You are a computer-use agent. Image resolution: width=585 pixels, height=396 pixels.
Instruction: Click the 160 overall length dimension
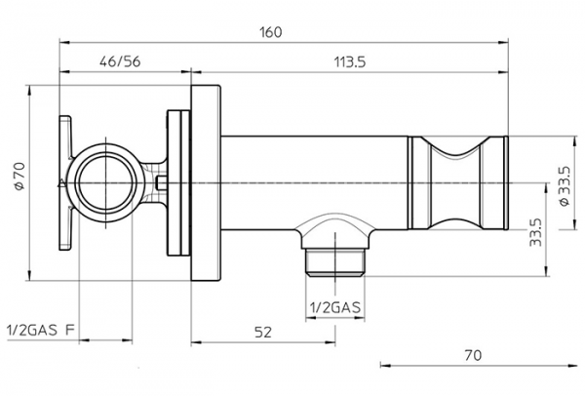tap(271, 32)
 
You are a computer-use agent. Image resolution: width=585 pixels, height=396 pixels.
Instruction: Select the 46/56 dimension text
tap(120, 61)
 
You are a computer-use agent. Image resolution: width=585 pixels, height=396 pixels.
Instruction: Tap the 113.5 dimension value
tap(350, 62)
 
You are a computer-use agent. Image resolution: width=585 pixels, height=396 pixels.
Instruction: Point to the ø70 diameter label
tap(19, 177)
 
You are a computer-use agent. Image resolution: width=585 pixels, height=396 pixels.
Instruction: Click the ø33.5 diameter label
tap(565, 185)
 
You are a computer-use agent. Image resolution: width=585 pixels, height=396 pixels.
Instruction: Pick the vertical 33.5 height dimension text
tap(535, 232)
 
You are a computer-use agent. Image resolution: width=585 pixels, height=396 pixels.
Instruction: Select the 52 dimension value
tap(263, 333)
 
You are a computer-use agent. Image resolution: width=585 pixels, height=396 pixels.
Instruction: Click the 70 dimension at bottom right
tap(473, 355)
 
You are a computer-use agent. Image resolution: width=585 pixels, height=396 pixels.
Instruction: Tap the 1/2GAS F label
tap(41, 331)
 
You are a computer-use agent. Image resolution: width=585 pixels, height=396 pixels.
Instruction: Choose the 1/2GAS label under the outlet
tap(335, 307)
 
